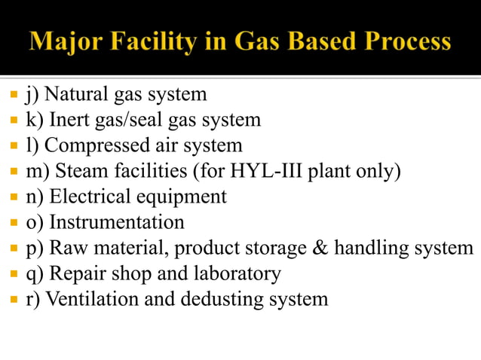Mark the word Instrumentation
pos(116,222)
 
